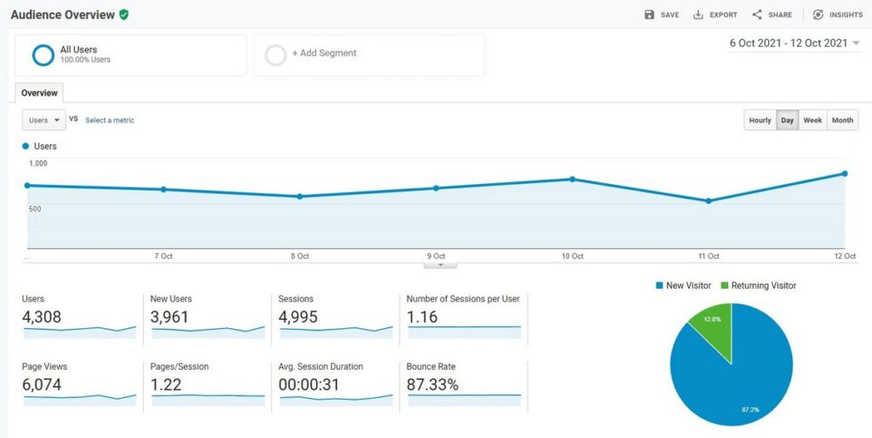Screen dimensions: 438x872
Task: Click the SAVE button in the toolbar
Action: coord(662,14)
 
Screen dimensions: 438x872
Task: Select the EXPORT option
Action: coord(715,14)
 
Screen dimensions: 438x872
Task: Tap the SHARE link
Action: coord(772,14)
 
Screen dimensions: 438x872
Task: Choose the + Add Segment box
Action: coord(369,54)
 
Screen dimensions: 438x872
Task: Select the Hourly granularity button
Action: coord(760,120)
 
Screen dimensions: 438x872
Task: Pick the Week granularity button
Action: coord(812,120)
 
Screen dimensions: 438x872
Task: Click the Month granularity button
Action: coord(842,120)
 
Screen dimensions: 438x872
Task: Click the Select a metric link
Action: coord(110,120)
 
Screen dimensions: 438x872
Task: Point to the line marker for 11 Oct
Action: coord(708,201)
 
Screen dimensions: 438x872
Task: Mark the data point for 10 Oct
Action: coord(572,179)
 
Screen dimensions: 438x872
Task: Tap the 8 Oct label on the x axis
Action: coord(300,256)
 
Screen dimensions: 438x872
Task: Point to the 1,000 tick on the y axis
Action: coord(38,164)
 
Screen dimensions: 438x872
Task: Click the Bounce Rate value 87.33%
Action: coord(433,385)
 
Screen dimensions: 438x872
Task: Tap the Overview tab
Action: coord(39,93)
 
